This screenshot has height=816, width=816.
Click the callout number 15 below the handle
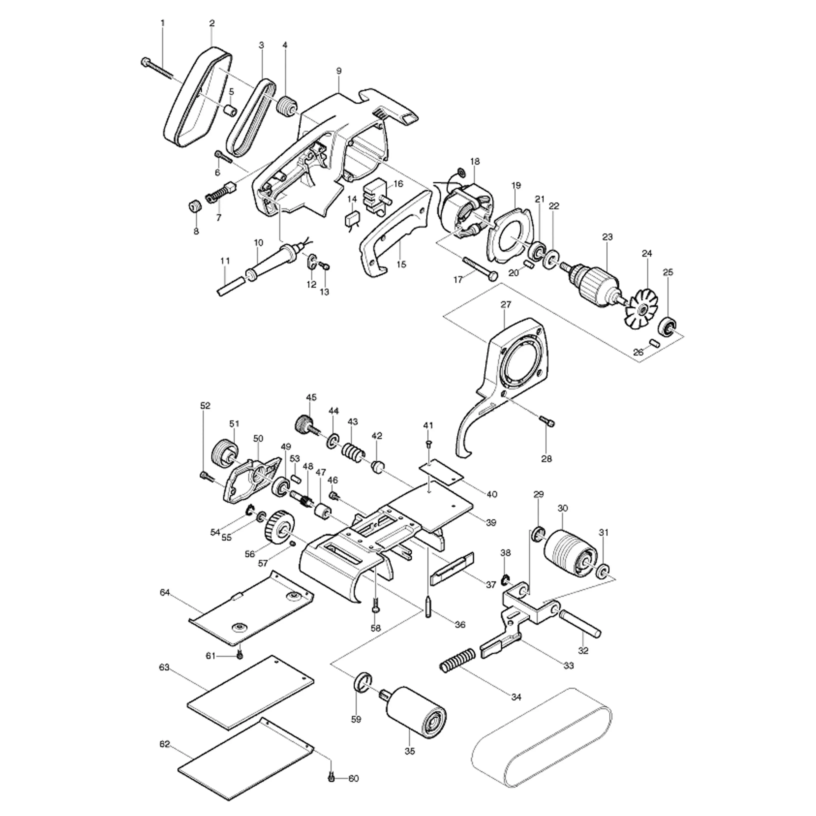(401, 264)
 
